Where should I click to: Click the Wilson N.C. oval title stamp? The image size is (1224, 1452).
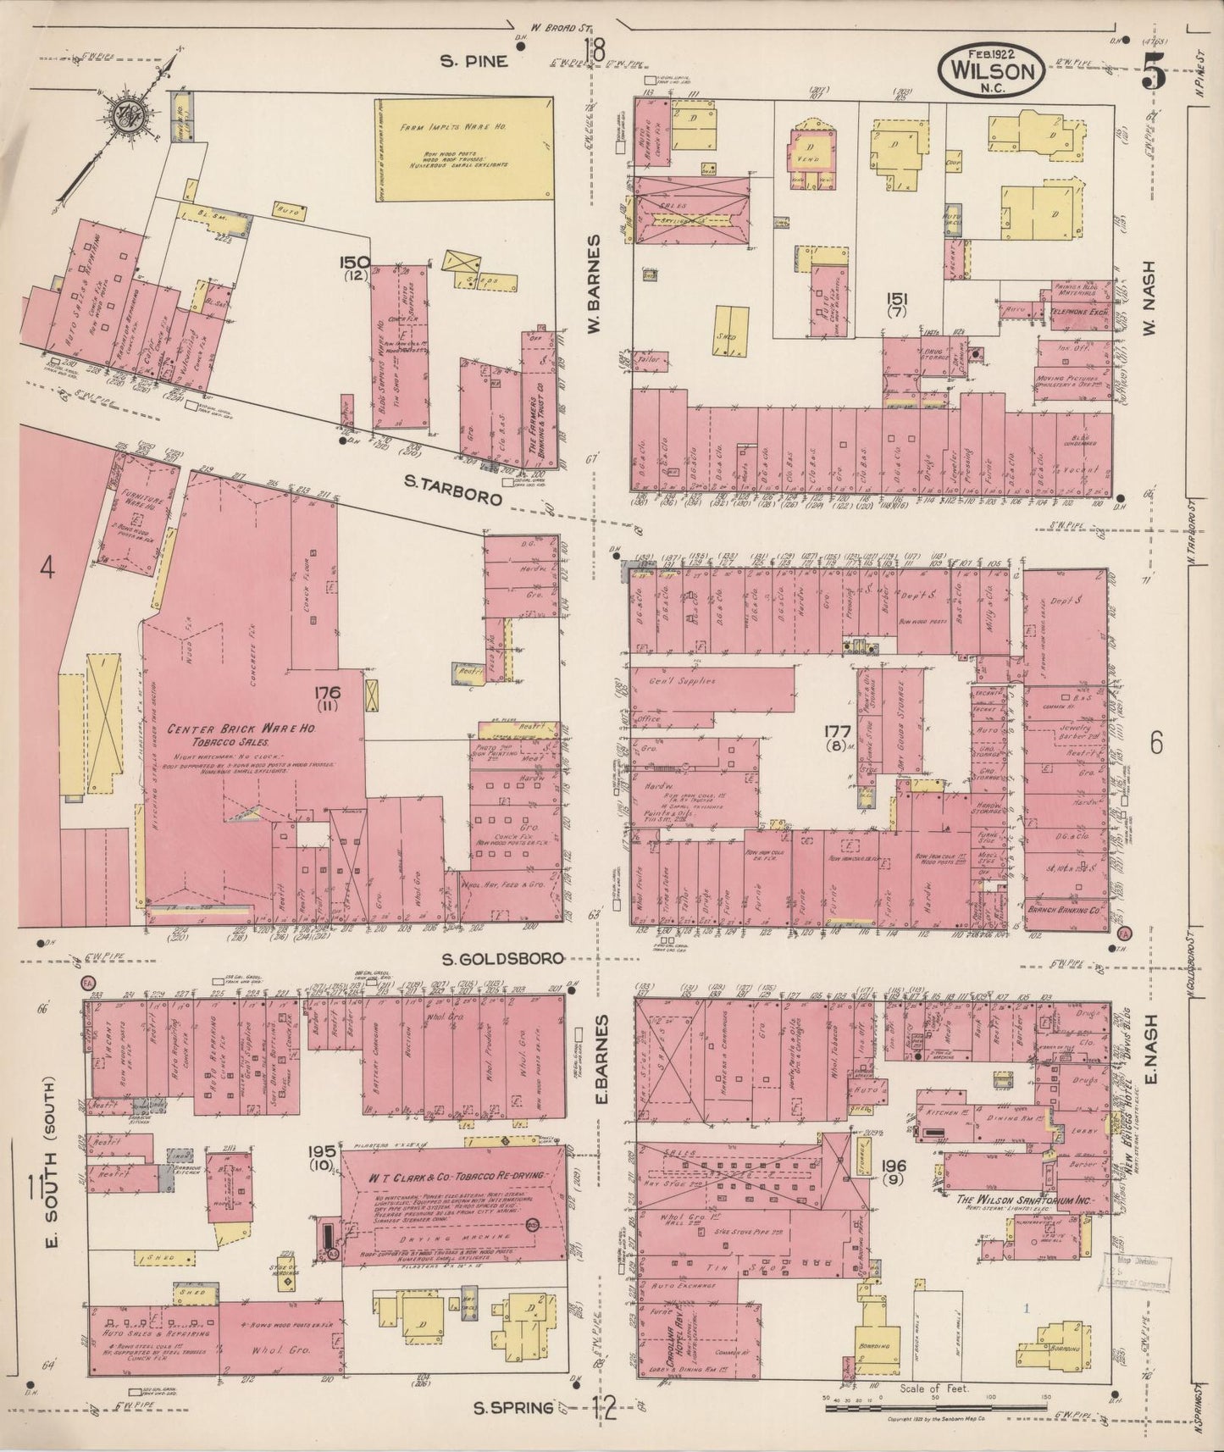tap(990, 70)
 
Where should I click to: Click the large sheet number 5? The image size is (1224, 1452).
tap(1154, 71)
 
